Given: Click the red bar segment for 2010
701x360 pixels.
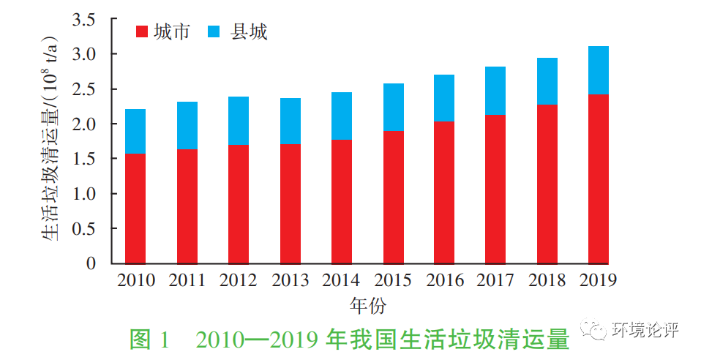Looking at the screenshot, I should [135, 208].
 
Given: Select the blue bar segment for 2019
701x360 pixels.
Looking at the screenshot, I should [599, 70].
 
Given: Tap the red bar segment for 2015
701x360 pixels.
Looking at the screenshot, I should [393, 197].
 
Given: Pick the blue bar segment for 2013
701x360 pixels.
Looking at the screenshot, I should [290, 121].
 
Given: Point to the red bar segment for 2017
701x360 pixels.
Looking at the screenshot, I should [495, 189].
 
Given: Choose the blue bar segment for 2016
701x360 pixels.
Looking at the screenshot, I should [444, 97].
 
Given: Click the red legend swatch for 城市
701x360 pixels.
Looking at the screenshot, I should [143, 32].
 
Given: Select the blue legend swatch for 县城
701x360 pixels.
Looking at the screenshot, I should [214, 32].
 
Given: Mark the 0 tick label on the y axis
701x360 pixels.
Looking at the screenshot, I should [91, 263].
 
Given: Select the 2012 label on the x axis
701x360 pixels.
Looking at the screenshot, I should [238, 280].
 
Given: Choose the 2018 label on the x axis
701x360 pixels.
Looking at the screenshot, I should [547, 280].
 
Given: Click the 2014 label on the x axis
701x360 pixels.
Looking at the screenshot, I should [341, 280].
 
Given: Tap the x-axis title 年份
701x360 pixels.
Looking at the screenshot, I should [367, 304].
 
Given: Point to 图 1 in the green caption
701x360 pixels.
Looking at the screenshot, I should [149, 340].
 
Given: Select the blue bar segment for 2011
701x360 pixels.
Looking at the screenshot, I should [187, 125].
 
